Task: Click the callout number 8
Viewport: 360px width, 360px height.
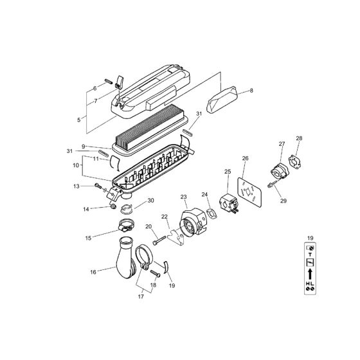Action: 251,91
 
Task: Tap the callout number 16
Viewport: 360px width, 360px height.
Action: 94,273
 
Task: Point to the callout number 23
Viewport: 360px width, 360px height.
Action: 183,197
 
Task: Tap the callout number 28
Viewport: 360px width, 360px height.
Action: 298,139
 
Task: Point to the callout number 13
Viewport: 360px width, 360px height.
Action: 94,186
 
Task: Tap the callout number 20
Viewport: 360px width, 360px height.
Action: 148,226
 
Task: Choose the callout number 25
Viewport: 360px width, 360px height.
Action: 227,172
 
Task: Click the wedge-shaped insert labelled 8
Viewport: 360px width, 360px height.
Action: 220,100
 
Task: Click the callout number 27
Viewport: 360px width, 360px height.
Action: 282,143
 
